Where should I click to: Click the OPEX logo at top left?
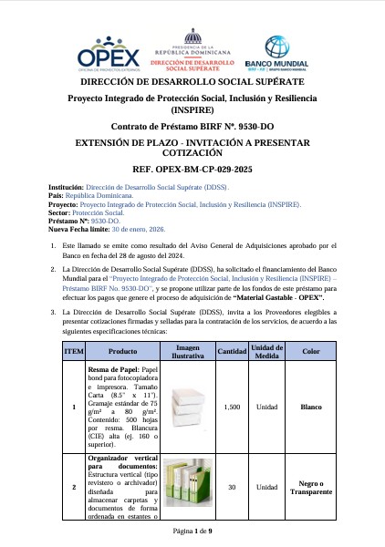coord(97,51)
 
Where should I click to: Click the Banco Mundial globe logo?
coord(276,48)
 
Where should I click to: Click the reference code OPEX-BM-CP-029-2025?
coord(192,170)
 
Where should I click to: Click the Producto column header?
coord(121,351)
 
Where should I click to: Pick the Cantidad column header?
coord(231,351)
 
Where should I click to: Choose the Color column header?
coord(310,351)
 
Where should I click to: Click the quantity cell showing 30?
coord(231,488)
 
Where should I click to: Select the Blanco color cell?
coord(310,407)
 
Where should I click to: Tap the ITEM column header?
coord(73,351)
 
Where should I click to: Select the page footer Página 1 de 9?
coord(192,530)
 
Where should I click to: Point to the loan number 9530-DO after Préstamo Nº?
coord(106,221)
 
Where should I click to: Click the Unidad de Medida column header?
coord(267,351)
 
